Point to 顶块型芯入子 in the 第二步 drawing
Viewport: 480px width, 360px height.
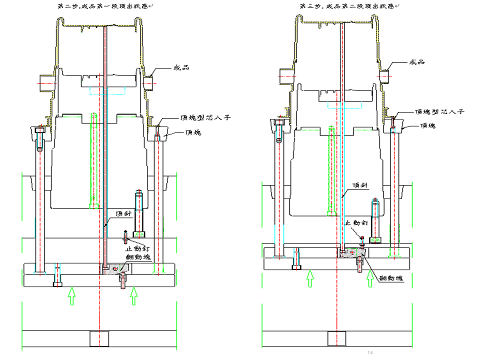pyautogui.click(x=199, y=118)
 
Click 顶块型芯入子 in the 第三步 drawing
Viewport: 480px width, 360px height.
pyautogui.click(x=439, y=112)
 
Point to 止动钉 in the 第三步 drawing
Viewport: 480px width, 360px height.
pyautogui.click(x=357, y=223)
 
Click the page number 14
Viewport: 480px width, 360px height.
pyautogui.click(x=370, y=353)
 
